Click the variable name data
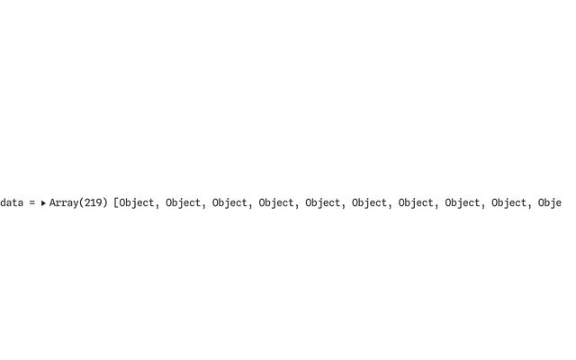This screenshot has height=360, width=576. [12, 202]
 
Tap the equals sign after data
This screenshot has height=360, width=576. [32, 202]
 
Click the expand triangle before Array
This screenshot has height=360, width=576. [43, 202]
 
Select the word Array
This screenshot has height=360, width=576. [64, 202]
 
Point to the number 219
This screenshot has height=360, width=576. [93, 202]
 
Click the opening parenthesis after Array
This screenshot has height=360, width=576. [82, 202]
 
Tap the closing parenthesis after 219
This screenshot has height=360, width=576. [104, 202]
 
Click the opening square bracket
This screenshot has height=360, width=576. [116, 202]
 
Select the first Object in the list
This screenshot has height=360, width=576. [137, 202]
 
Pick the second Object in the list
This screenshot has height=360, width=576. [184, 202]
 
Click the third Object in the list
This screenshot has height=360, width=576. [230, 202]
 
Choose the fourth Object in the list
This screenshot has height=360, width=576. [276, 202]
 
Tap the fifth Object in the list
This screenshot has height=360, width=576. [323, 202]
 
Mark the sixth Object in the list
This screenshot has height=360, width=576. [370, 202]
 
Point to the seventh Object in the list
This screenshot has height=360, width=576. [416, 202]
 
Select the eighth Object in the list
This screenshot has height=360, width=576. [463, 202]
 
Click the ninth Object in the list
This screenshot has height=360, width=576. [509, 202]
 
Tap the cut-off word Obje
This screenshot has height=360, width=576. [550, 202]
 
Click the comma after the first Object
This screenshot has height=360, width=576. [157, 206]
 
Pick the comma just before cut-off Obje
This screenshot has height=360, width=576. [530, 206]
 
